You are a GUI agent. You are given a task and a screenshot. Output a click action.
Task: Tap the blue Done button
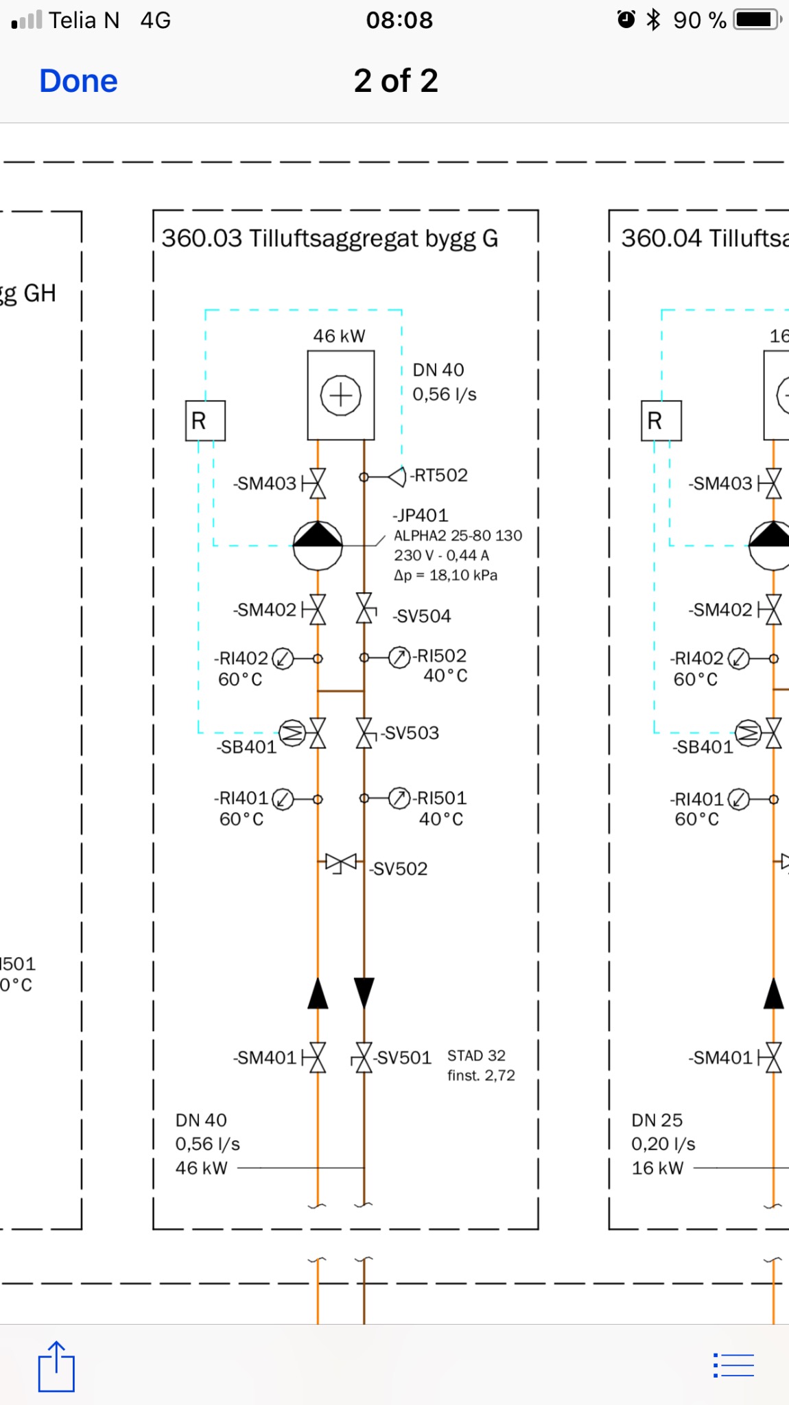(x=78, y=81)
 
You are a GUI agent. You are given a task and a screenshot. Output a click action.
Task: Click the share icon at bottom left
(x=56, y=1367)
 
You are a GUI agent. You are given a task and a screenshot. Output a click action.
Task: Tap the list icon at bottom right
(x=733, y=1365)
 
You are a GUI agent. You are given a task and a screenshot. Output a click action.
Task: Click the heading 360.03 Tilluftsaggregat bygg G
(x=329, y=239)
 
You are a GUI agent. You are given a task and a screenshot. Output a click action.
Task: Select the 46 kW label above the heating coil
(x=339, y=336)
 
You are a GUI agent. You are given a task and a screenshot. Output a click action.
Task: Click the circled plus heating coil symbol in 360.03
(x=341, y=395)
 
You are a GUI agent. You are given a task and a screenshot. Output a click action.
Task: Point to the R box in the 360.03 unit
(x=205, y=421)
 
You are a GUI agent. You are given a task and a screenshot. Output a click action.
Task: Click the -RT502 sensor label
(x=440, y=475)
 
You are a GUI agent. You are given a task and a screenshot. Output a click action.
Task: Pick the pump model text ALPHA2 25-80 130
(x=458, y=536)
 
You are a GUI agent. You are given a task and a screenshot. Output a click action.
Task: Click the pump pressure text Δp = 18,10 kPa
(x=445, y=576)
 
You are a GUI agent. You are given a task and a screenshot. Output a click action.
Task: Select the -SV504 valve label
(x=422, y=616)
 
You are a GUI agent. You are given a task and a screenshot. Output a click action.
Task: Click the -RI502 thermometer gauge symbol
(x=399, y=657)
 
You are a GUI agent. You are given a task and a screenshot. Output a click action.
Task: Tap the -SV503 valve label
(x=410, y=733)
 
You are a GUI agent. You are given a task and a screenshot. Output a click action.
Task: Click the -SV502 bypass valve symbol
(x=341, y=862)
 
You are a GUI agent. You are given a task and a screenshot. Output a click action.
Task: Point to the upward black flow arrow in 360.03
(x=318, y=993)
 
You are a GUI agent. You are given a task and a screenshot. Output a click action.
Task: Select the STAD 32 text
(x=476, y=1056)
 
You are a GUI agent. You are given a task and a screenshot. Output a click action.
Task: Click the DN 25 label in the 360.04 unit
(x=657, y=1120)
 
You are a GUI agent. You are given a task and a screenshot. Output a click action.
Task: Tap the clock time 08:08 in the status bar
(x=399, y=20)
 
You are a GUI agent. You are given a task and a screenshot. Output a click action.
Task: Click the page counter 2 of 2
(x=396, y=81)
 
